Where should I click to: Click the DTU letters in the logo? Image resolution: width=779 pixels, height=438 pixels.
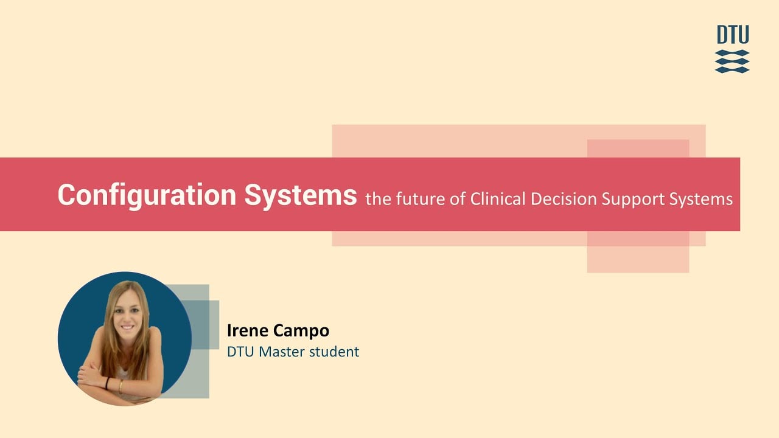tap(733, 35)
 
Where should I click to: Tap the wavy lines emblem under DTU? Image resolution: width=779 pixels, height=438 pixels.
tap(732, 61)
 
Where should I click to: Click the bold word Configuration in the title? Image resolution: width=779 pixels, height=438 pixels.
tap(147, 196)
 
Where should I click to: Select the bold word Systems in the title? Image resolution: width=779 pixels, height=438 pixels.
tap(301, 196)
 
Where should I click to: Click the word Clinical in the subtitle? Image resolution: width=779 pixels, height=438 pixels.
tap(498, 199)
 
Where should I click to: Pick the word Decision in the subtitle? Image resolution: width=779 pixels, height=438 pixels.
tap(564, 199)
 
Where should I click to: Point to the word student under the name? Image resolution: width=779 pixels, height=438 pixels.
tap(334, 352)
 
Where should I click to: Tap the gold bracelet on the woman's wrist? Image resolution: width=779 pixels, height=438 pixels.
tap(121, 386)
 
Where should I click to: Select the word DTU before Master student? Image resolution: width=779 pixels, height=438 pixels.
tap(241, 352)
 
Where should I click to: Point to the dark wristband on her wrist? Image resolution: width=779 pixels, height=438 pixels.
tap(108, 383)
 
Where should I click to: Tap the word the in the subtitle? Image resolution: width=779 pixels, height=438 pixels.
tap(379, 199)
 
